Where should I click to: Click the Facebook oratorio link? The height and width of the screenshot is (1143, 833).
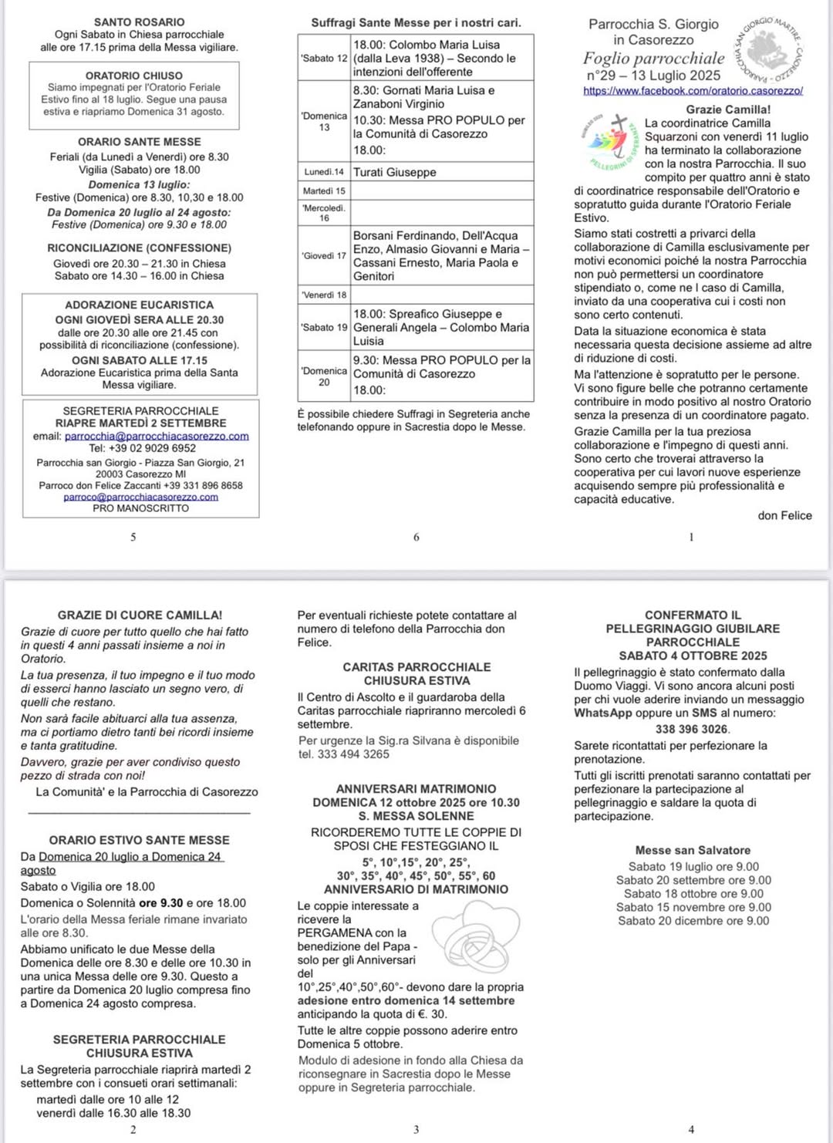[x=693, y=90]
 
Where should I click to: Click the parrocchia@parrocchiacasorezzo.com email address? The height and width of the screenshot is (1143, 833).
[x=157, y=436]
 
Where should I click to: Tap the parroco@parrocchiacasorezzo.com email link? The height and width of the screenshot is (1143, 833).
[x=140, y=497]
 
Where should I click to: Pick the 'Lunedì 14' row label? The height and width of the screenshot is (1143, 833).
[x=324, y=172]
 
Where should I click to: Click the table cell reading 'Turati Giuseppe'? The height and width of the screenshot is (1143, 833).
[x=395, y=172]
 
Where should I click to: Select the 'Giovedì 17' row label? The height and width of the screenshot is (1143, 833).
[x=325, y=255]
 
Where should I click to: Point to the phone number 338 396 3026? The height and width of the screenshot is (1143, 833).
[x=692, y=729]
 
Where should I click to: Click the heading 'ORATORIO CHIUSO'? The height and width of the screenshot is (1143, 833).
[x=134, y=76]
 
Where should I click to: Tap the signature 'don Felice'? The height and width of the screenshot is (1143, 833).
[x=784, y=515]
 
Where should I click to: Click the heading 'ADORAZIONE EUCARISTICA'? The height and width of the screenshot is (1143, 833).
[x=140, y=305]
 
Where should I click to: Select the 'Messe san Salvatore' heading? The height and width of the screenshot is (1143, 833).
[x=693, y=850]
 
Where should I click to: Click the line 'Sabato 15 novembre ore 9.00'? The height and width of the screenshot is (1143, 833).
[x=693, y=907]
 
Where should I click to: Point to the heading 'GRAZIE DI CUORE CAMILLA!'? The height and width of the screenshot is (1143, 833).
[x=140, y=615]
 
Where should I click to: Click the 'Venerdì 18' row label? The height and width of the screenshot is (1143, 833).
[x=324, y=295]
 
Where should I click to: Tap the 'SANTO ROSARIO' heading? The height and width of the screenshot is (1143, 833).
[x=140, y=22]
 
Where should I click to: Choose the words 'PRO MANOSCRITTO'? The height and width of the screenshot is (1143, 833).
[x=140, y=508]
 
